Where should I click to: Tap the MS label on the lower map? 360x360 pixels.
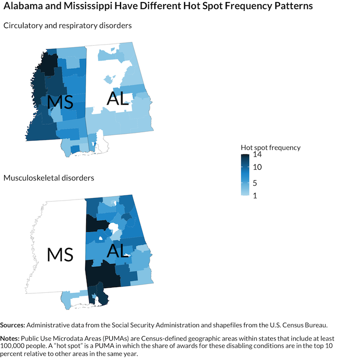[60, 254]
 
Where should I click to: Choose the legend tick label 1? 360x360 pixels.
[255, 194]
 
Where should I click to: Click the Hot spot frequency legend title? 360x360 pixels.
[271, 148]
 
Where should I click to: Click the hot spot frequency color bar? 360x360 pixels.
[245, 175]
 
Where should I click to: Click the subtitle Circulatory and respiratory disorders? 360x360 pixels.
[68, 25]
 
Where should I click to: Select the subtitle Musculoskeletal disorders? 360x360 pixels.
[49, 178]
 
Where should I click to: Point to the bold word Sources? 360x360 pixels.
[12, 325]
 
